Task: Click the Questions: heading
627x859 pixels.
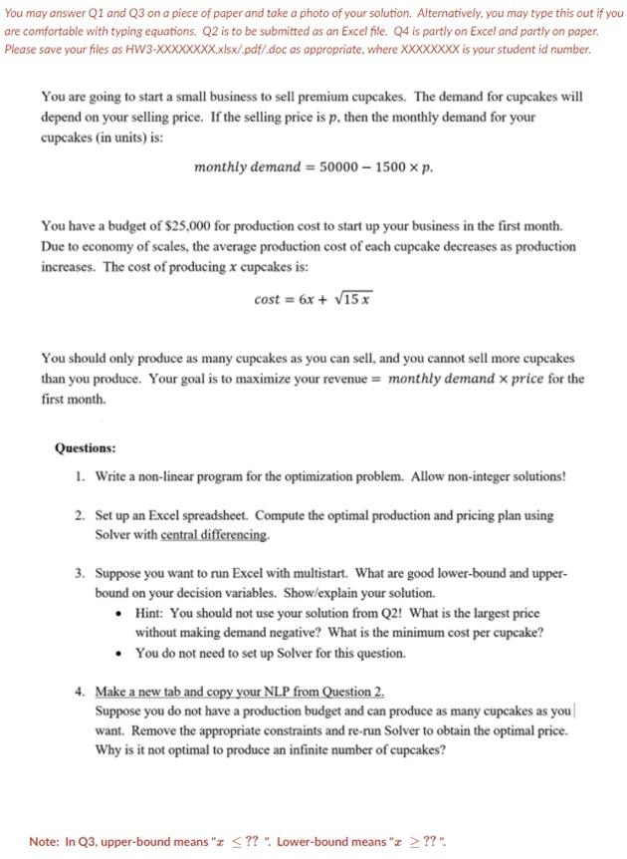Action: (x=85, y=448)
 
